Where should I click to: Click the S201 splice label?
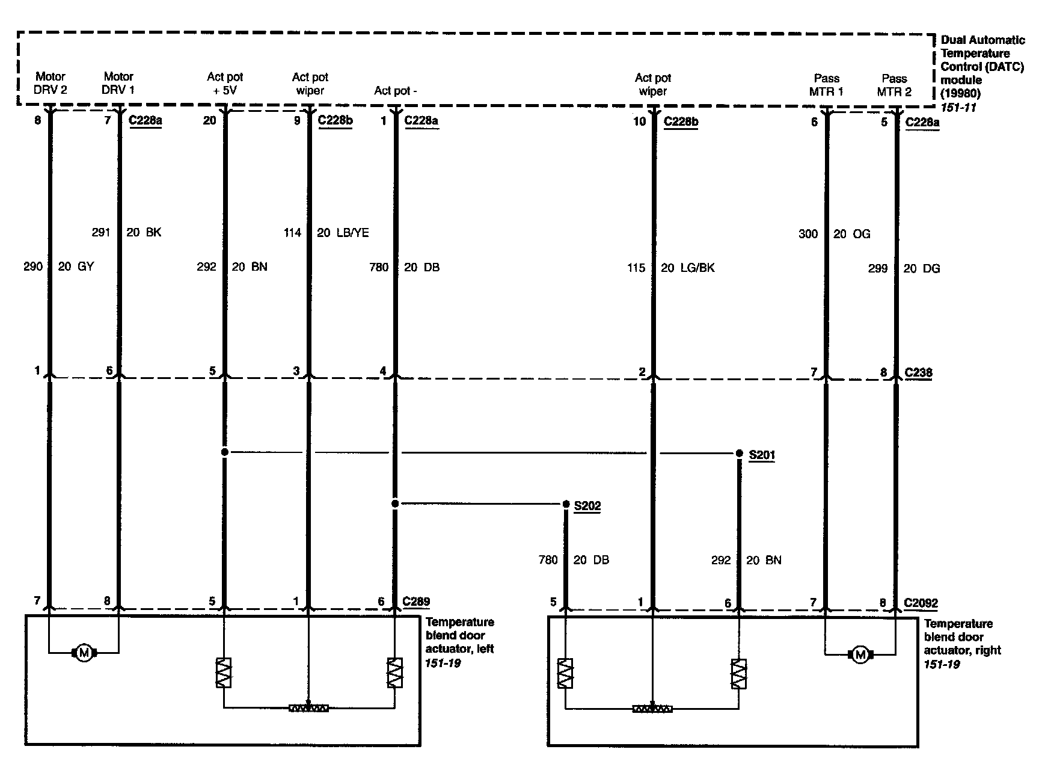pos(761,455)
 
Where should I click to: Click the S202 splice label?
pos(587,506)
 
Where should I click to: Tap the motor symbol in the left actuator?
pos(84,653)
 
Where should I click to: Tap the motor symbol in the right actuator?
pos(860,654)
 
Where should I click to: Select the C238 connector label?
pos(918,372)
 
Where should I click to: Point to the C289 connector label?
pos(416,601)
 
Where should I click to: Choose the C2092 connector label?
pos(921,603)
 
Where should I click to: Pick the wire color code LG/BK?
pos(696,268)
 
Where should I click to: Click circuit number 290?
pos(32,266)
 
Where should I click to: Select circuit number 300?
pos(808,234)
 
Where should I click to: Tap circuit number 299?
pos(878,268)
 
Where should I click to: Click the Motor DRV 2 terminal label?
pos(51,83)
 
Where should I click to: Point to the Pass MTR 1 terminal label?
pos(826,85)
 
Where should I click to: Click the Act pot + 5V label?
pos(225,84)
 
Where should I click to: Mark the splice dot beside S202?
pos(566,504)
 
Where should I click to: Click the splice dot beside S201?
pos(739,453)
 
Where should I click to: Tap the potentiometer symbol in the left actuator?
pos(308,708)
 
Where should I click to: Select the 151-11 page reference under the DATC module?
pos(958,108)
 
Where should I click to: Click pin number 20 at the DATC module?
pos(209,120)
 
